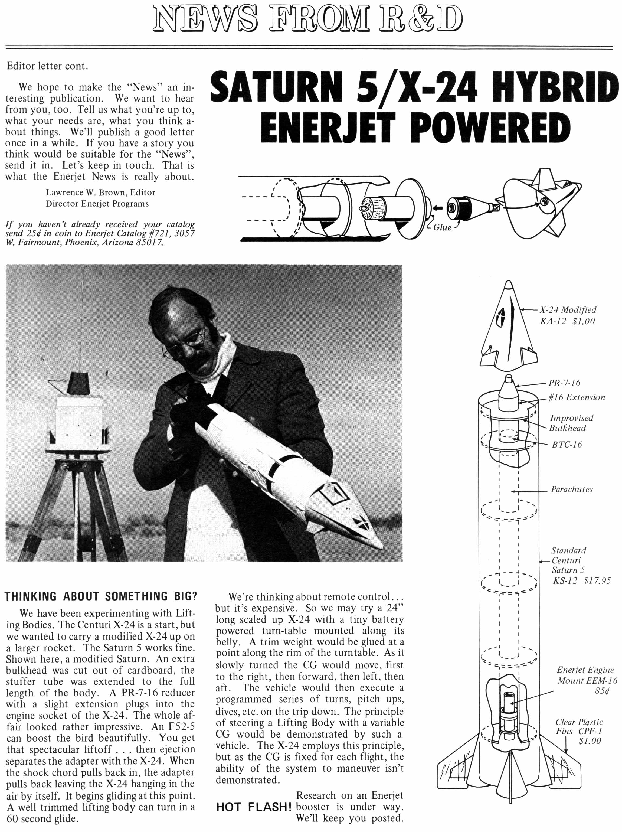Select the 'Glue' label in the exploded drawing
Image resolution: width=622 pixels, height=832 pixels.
tap(442, 227)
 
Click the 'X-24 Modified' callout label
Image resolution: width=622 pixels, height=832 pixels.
tap(568, 310)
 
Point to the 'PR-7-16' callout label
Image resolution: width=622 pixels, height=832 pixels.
tap(564, 383)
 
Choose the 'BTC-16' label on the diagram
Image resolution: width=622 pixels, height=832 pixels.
tap(567, 445)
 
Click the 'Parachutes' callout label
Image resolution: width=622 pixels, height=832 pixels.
tap(572, 489)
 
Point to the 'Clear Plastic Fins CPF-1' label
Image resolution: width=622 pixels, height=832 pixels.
tap(580, 731)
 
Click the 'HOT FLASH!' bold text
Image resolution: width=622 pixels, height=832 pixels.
tap(254, 807)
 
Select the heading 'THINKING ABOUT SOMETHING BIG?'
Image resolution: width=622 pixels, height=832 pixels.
tap(101, 596)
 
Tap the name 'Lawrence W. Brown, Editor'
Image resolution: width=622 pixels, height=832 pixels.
tap(100, 192)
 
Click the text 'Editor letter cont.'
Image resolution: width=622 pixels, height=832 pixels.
tap(47, 66)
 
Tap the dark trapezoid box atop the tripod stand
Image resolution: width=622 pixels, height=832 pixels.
tap(78, 383)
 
